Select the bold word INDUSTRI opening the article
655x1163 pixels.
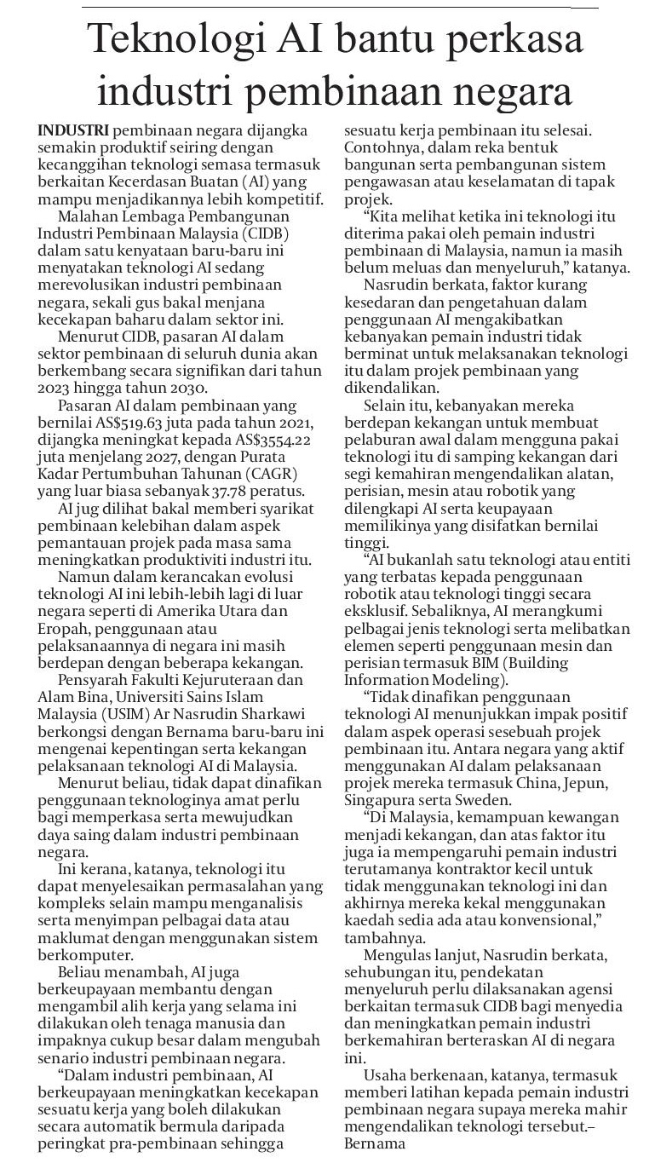(73, 131)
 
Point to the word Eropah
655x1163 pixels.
(64, 629)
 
